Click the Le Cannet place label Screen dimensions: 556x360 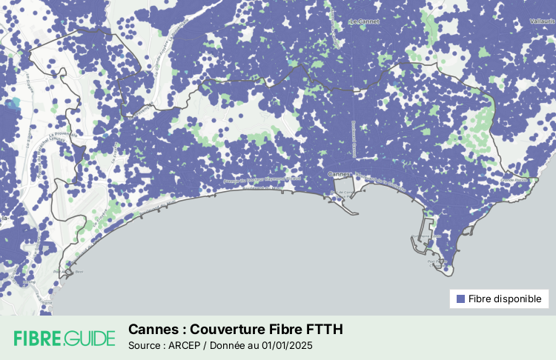point(364,21)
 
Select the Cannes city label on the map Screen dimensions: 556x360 point(338,174)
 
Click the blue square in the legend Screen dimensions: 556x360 point(460,299)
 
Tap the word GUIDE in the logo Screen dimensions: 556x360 point(90,339)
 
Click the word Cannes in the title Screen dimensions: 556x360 point(152,329)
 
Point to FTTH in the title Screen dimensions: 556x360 point(325,329)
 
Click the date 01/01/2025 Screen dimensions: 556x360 point(285,345)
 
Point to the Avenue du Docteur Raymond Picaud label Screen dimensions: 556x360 point(264,179)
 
